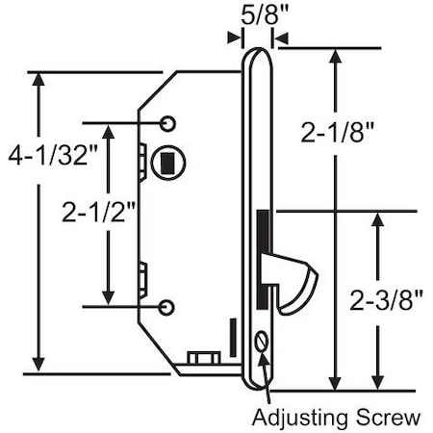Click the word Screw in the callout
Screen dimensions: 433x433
(x=395, y=417)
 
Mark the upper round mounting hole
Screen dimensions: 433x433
(x=168, y=124)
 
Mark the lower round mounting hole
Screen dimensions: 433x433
(x=168, y=307)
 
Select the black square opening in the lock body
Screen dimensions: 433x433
(x=167, y=161)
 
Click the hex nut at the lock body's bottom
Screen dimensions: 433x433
(x=201, y=358)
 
